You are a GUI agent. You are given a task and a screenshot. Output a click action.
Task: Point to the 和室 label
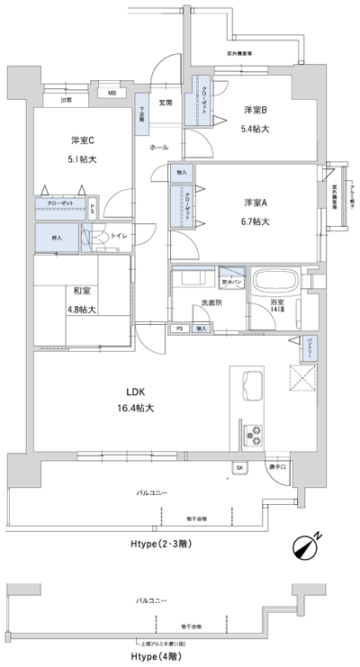pos(82,291)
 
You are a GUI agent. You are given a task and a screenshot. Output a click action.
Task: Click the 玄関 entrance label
pos(165,102)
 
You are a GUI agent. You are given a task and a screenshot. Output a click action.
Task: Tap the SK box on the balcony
pos(240,468)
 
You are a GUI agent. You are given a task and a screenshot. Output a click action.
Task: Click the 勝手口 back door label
pos(277,468)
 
